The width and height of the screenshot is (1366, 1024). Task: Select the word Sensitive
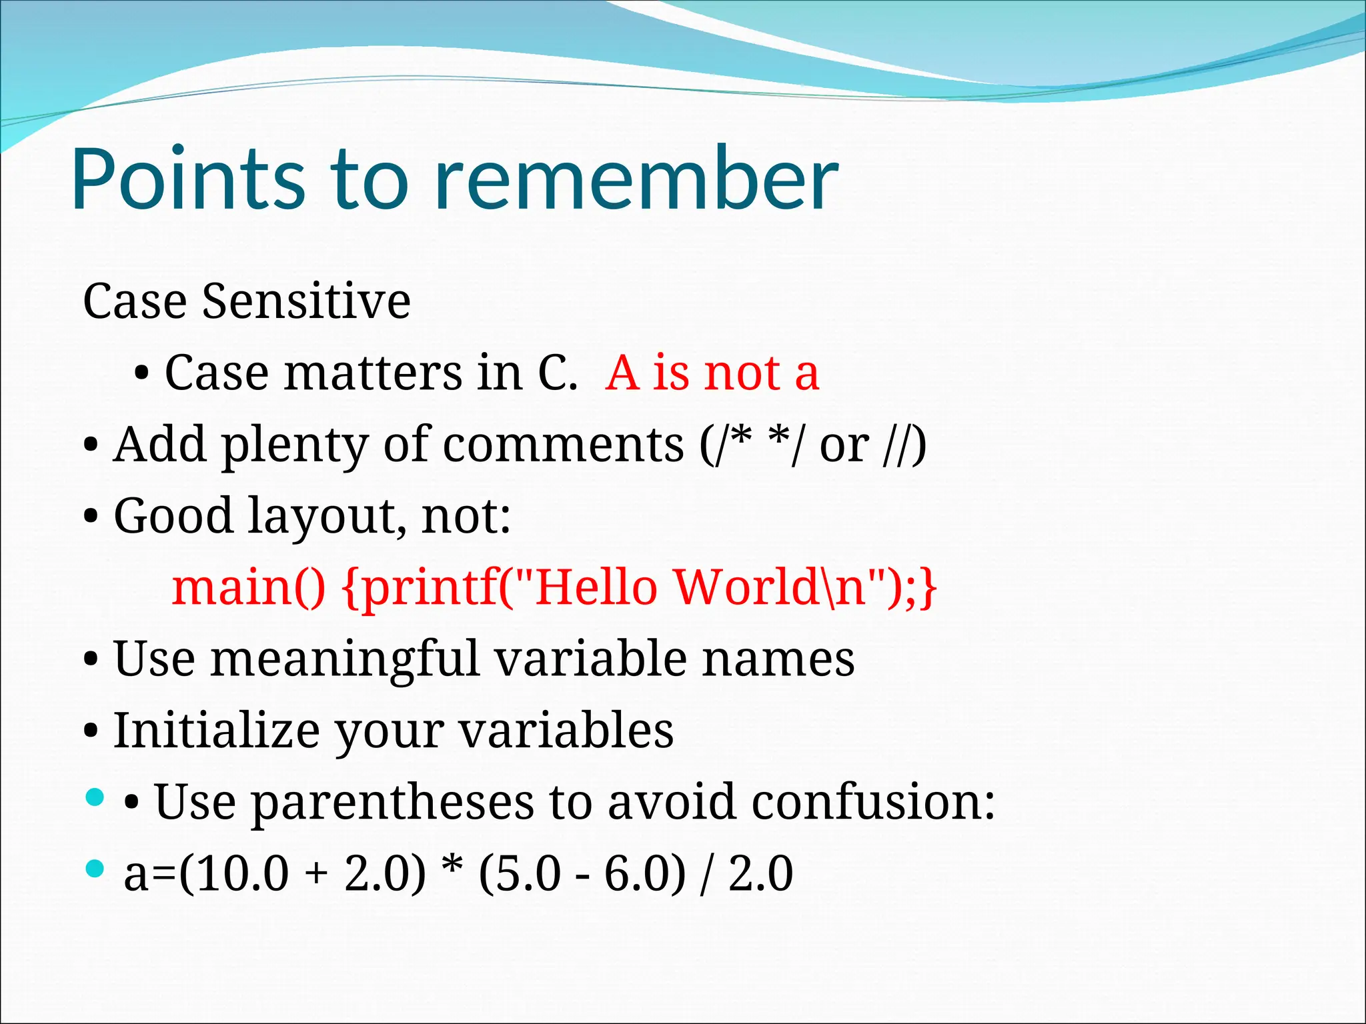(306, 301)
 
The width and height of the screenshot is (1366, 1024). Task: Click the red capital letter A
(622, 373)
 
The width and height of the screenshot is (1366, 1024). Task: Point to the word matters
(373, 373)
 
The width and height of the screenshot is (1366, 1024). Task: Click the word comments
(563, 445)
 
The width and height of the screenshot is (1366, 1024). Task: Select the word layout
(326, 517)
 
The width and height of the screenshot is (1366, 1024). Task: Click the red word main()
(248, 588)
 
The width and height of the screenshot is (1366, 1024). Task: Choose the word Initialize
(217, 731)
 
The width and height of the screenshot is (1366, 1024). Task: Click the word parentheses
(394, 803)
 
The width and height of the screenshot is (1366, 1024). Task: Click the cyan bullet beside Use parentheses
(96, 797)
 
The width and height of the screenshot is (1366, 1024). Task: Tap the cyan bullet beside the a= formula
(96, 868)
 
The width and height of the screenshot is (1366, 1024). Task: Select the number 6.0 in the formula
(636, 874)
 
